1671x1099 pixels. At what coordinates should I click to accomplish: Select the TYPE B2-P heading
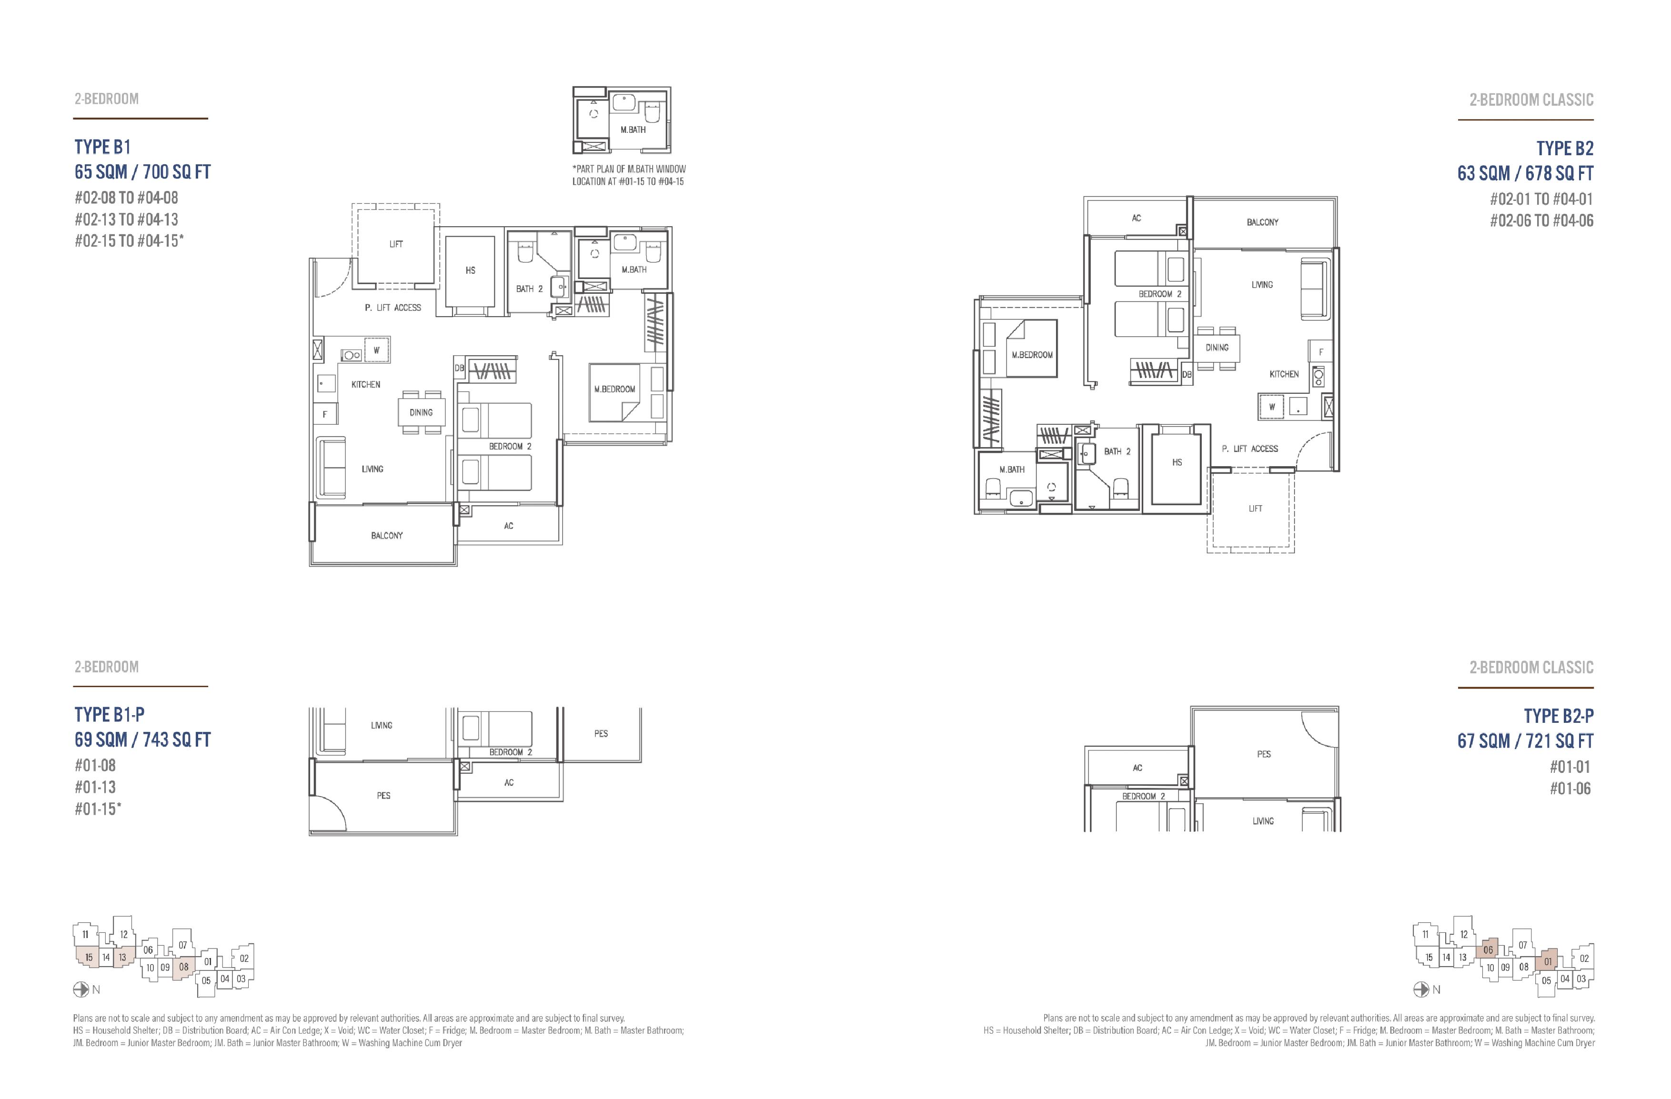point(1559,716)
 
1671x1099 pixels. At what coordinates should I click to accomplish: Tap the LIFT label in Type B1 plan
point(396,244)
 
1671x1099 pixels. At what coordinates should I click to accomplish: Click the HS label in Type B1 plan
point(471,270)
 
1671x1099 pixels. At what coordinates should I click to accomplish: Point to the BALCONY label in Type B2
point(1262,222)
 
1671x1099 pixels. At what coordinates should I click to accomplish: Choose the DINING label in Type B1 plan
point(421,413)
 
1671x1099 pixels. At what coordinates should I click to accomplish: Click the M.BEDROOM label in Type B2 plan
point(1032,355)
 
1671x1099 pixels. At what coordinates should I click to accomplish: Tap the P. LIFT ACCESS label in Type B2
point(1250,449)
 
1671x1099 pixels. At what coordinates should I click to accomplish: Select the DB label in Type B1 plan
point(459,368)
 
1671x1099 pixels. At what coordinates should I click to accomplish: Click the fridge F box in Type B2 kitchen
point(1320,352)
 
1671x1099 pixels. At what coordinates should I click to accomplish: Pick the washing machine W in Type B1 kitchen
point(376,350)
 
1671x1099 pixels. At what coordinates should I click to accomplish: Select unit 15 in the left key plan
point(89,957)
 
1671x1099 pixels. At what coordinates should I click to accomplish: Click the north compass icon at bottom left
point(80,989)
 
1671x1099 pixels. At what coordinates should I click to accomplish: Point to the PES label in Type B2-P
point(1264,754)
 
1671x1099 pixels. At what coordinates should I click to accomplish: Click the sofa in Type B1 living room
point(332,468)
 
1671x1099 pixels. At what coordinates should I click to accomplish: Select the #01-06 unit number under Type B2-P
point(1570,789)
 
